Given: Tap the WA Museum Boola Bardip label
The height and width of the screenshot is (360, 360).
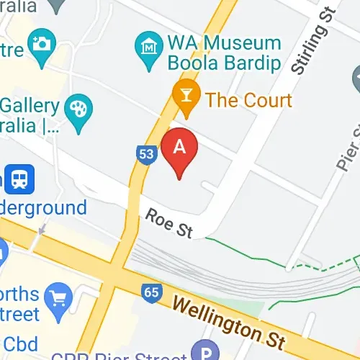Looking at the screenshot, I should [223, 52].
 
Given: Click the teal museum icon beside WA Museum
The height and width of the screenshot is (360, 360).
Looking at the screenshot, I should [147, 45].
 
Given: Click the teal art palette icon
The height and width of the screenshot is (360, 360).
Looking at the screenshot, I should [73, 110].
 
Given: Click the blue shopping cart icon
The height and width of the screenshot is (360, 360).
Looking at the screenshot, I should [55, 296].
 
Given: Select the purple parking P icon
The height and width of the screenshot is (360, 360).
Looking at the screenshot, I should [204, 351].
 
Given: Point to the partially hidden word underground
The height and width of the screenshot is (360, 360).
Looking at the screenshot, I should [42, 209].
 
